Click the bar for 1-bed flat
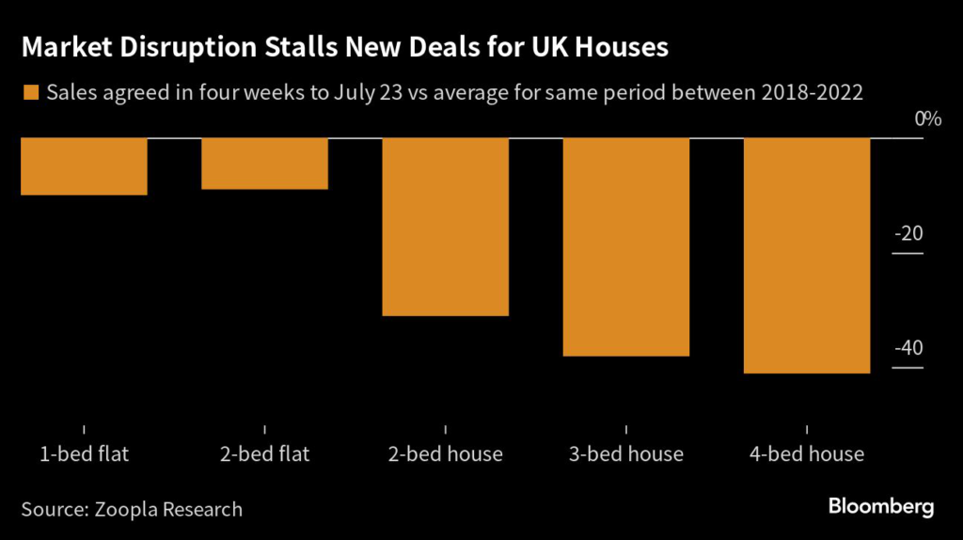pyautogui.click(x=84, y=167)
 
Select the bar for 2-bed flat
pyautogui.click(x=264, y=164)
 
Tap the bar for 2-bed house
pyautogui.click(x=446, y=227)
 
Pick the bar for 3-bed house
pyautogui.click(x=626, y=246)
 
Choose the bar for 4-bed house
pyautogui.click(x=807, y=256)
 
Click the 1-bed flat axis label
pyautogui.click(x=84, y=454)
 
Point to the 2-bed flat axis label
pyautogui.click(x=264, y=454)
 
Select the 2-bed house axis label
pyautogui.click(x=446, y=454)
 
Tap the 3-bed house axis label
pyautogui.click(x=626, y=454)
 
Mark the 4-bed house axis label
pyautogui.click(x=807, y=454)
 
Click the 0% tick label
pyautogui.click(x=927, y=119)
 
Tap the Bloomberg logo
pyautogui.click(x=881, y=507)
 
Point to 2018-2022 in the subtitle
pyautogui.click(x=808, y=92)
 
